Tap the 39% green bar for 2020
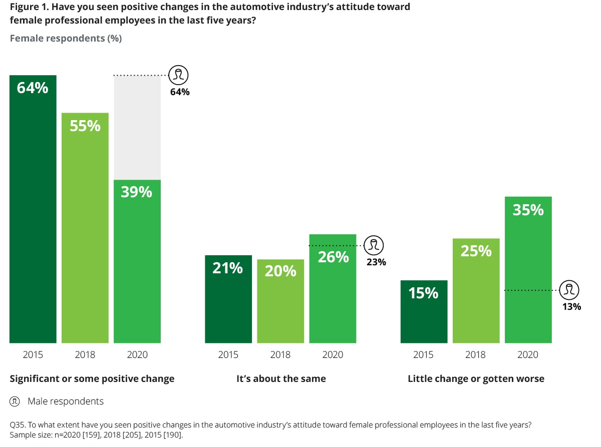click(x=137, y=261)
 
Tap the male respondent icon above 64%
click(x=178, y=76)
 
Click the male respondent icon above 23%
click(x=374, y=245)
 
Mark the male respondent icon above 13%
click(x=569, y=290)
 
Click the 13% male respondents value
click(x=571, y=306)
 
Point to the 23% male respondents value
click(x=376, y=261)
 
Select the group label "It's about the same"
click(x=281, y=378)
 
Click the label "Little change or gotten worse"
click(x=476, y=378)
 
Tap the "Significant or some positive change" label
click(x=92, y=378)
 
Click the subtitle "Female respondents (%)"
click(x=66, y=38)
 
